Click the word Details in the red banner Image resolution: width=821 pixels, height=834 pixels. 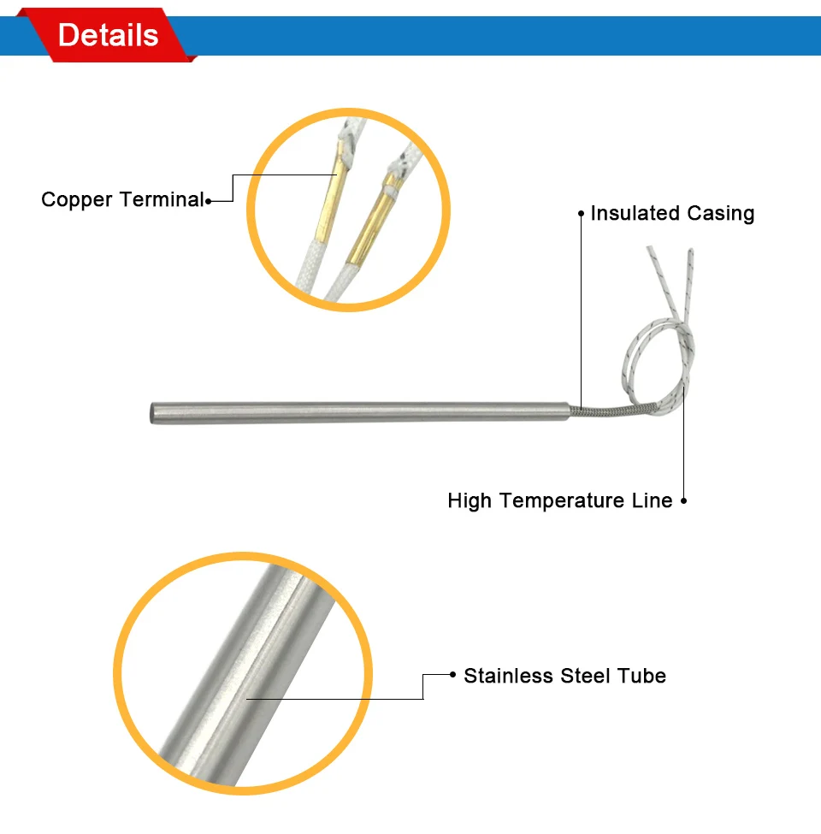click(108, 35)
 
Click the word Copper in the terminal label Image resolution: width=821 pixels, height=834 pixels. click(77, 200)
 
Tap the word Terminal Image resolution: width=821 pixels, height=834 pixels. click(162, 199)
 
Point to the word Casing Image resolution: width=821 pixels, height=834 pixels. click(720, 214)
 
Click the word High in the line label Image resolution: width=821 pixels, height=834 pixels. click(470, 501)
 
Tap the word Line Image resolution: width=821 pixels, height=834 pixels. click(652, 500)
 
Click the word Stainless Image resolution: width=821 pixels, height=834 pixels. click(508, 676)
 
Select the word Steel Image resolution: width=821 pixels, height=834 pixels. click(585, 676)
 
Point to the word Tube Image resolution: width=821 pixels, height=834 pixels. click(641, 676)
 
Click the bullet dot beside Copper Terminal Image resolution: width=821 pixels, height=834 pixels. click(209, 201)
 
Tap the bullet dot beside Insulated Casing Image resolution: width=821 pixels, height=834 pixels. click(581, 213)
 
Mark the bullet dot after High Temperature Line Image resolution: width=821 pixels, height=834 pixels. click(684, 500)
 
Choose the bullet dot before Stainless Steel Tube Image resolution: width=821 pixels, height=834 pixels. click(452, 674)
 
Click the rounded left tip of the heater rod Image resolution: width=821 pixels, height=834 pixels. click(153, 413)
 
